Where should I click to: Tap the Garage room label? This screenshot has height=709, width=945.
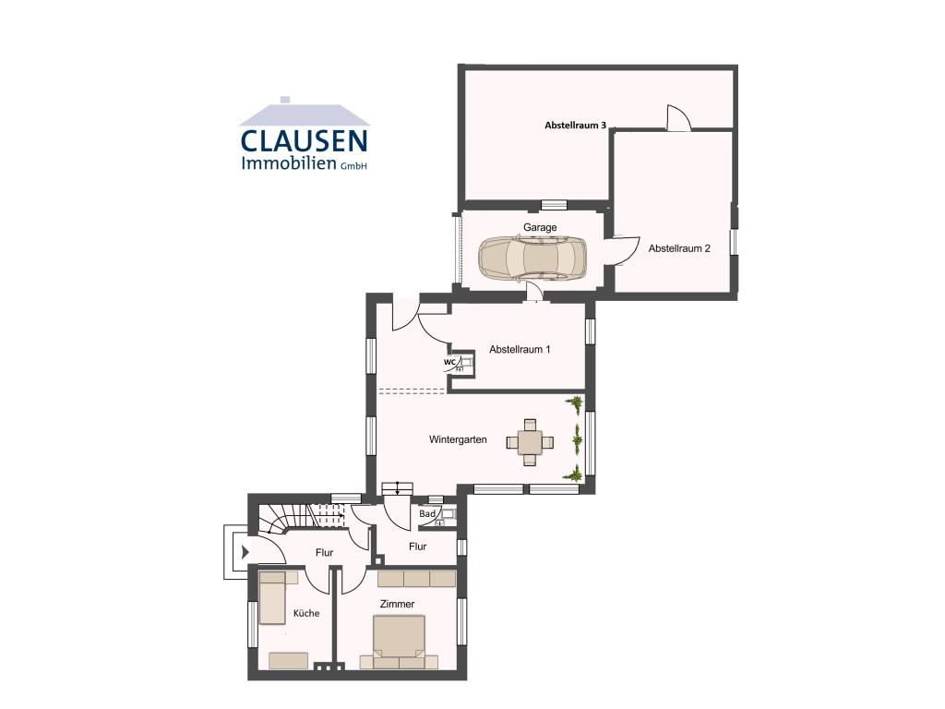(540, 227)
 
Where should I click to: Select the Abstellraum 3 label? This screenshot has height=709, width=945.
(575, 126)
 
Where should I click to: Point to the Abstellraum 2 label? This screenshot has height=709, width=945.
(679, 248)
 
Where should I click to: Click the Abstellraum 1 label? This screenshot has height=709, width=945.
(520, 349)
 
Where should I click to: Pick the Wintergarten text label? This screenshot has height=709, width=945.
(458, 439)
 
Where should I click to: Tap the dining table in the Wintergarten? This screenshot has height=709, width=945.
(530, 443)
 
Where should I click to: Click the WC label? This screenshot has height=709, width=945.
(449, 362)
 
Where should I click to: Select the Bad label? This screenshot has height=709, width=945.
(427, 514)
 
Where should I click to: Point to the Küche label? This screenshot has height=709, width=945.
(306, 613)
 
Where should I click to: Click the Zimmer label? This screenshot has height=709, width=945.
(397, 604)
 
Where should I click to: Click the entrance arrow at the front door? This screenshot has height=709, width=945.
(245, 552)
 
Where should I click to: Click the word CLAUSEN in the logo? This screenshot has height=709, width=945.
(304, 141)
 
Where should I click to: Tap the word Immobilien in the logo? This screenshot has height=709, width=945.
(289, 162)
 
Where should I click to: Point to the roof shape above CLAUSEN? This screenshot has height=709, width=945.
(305, 114)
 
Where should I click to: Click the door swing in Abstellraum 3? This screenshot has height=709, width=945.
(678, 117)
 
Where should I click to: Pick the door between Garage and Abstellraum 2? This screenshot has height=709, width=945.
(625, 250)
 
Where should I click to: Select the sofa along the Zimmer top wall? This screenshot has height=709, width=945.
(416, 579)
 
